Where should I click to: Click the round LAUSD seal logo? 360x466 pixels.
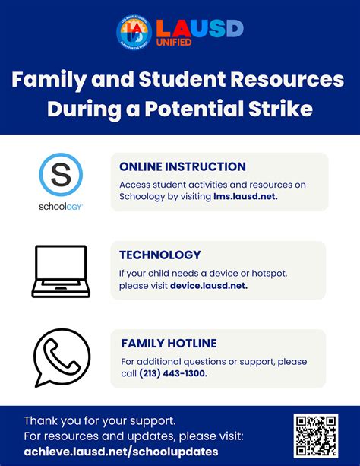coord(134,33)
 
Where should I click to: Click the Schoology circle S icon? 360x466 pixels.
coord(61,175)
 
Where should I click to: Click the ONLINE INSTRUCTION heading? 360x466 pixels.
coord(182,166)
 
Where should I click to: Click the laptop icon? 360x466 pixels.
coord(61,271)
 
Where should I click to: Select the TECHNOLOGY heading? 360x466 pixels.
coord(159,255)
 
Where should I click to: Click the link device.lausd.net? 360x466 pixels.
coord(209,286)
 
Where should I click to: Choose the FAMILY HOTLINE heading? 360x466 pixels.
coord(168,344)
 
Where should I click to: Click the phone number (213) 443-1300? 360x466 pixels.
coord(173,374)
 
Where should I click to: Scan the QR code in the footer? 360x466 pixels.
coord(315,436)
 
